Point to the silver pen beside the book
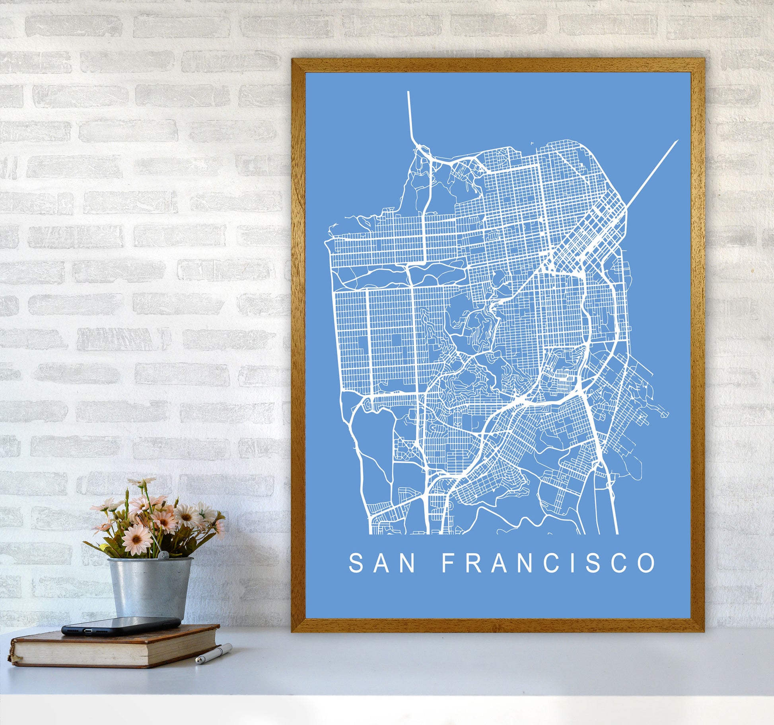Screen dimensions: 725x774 pos(214,655)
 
